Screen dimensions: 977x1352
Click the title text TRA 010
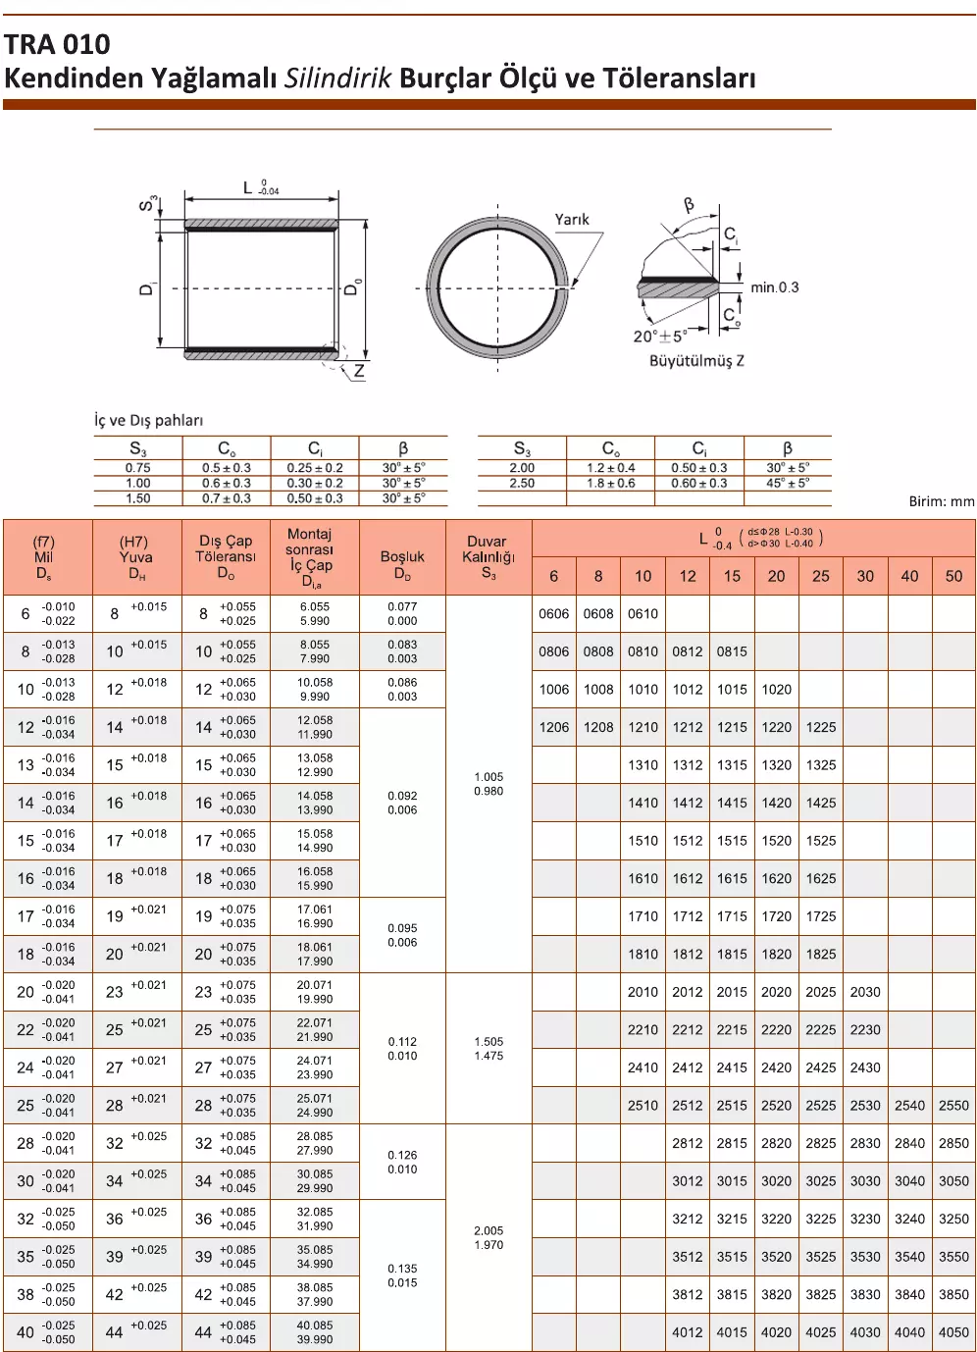pos(57,44)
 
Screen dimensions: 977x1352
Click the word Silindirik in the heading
pos(338,78)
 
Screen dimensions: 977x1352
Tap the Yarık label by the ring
pos(572,220)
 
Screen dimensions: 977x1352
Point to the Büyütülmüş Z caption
pos(696,361)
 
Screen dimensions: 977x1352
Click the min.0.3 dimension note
pos(774,287)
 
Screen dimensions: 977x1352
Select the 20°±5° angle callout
pos(659,337)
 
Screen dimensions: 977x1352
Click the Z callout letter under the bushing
pos(359,371)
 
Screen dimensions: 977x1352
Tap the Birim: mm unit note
pos(942,501)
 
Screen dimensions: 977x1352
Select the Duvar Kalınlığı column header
pos(488,557)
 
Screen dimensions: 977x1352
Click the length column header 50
pos(953,576)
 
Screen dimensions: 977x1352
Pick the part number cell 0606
pos(554,614)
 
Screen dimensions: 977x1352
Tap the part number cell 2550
pos(953,1105)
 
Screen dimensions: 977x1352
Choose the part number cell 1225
pos(821,727)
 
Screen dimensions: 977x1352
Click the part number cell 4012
pos(688,1332)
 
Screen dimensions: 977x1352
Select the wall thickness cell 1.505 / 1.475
pos(488,1049)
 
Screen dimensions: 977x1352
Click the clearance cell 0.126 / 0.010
pos(402,1162)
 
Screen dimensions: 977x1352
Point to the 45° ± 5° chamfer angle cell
pos(788,484)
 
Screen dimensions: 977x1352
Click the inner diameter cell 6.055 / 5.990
pos(315,614)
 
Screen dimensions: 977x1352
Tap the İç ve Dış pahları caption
pos(148,420)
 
